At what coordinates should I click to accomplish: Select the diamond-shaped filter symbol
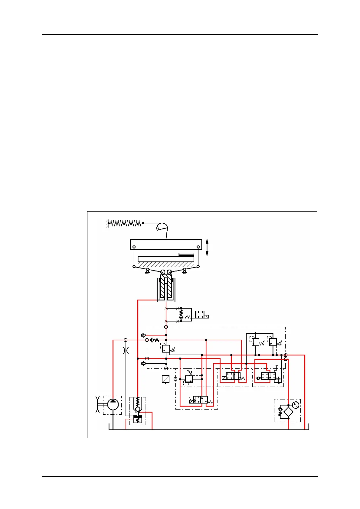click(x=288, y=412)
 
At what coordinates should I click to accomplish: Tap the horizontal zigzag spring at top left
click(x=126, y=223)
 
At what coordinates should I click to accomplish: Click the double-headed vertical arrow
click(x=207, y=247)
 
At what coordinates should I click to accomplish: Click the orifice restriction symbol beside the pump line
click(x=126, y=351)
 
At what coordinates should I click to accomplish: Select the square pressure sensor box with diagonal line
click(x=165, y=379)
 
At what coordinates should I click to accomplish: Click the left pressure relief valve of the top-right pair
click(x=255, y=342)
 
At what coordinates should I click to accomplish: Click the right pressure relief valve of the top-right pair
click(x=273, y=342)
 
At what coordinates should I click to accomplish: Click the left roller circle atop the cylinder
click(x=163, y=272)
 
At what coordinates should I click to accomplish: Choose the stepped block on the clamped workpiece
click(x=186, y=255)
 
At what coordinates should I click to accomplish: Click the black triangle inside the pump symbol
click(x=113, y=401)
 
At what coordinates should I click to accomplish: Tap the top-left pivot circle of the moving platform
click(x=134, y=247)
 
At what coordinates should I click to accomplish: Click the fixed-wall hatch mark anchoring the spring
click(x=107, y=224)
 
